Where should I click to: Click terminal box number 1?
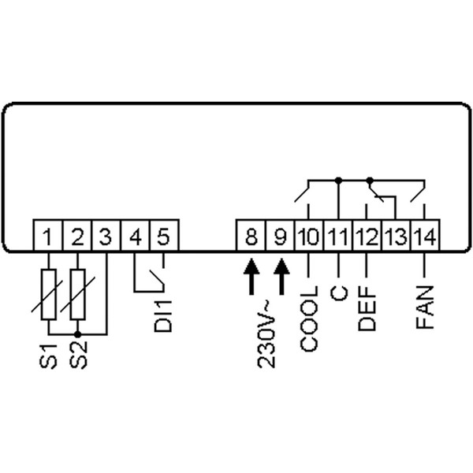[x=48, y=236]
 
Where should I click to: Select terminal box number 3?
[x=105, y=236]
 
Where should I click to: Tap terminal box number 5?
[x=164, y=236]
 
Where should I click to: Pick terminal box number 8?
[x=251, y=236]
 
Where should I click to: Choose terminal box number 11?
[x=337, y=236]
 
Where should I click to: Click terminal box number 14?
[x=424, y=236]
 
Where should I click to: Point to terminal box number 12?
[x=367, y=236]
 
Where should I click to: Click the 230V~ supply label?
[x=266, y=334]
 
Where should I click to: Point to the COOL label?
[x=309, y=318]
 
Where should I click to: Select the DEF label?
[x=367, y=309]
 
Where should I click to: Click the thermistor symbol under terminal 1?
[x=48, y=294]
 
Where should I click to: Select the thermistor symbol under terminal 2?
[x=77, y=294]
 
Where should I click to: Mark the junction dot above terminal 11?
[x=338, y=180]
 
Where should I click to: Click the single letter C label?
[x=338, y=293]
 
